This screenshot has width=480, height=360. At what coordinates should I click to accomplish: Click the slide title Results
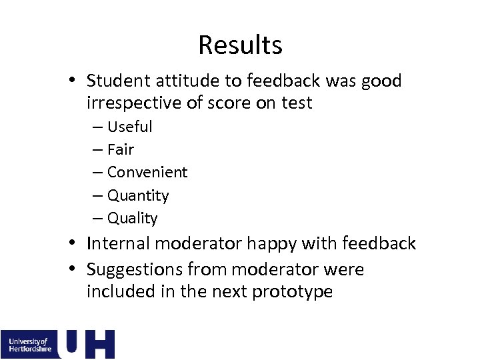click(x=240, y=45)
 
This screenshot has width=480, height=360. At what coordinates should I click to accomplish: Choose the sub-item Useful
click(x=129, y=127)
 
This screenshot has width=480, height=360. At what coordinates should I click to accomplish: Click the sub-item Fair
click(x=121, y=149)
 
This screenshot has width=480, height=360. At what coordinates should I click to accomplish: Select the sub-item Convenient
click(x=147, y=172)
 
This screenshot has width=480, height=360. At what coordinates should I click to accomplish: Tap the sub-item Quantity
click(x=138, y=195)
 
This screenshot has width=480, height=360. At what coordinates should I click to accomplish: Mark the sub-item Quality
click(x=133, y=218)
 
